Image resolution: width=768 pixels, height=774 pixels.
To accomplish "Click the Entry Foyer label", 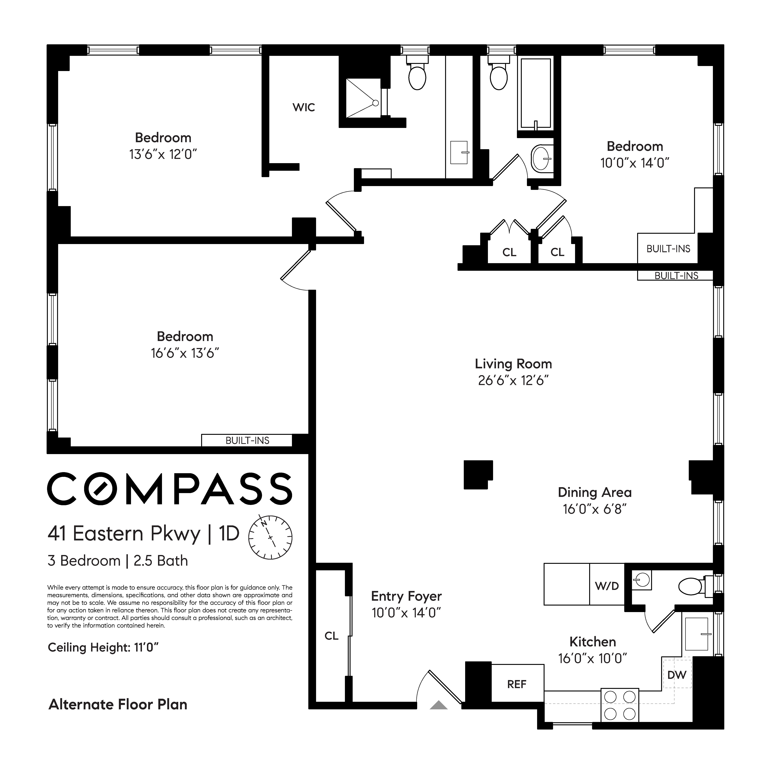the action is click(406, 596).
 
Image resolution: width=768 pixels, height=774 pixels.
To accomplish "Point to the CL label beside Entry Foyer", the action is click(332, 636).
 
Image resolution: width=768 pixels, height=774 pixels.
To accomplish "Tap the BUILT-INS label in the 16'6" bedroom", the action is click(247, 440).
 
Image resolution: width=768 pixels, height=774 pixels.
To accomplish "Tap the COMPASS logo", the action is click(170, 488).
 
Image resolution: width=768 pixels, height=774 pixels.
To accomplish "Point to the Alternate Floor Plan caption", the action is click(118, 704).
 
